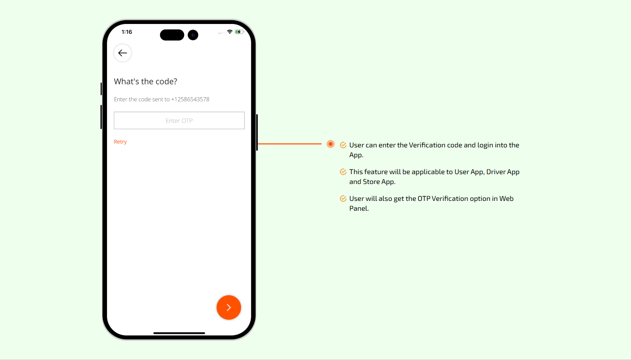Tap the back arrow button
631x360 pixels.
[123, 53]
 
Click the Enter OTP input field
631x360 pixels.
[179, 121]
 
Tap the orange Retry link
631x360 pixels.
[120, 142]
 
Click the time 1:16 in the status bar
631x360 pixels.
[127, 32]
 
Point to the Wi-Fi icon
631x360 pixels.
[230, 32]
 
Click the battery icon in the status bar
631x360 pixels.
[239, 32]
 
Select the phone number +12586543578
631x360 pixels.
[190, 99]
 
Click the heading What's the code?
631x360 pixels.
[146, 81]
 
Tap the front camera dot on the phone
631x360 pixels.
[193, 35]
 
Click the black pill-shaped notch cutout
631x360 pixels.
[172, 35]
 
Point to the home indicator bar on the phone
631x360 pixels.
[179, 333]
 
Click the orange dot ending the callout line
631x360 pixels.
[331, 144]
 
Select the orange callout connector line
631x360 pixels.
[290, 144]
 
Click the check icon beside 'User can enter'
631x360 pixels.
[343, 145]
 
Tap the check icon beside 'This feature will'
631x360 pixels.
[343, 172]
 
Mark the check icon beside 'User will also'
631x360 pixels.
[343, 199]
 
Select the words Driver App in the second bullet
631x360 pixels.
[503, 172]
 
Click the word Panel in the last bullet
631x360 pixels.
[359, 208]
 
